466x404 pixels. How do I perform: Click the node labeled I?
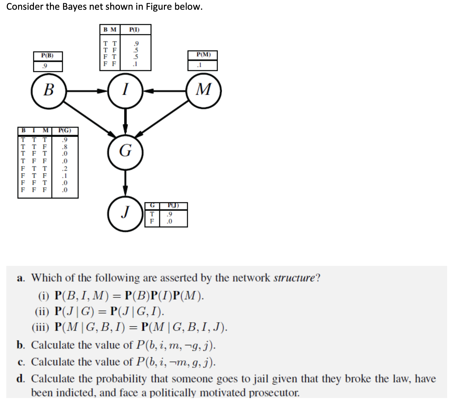pos(125,90)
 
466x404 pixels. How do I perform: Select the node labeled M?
pos(204,90)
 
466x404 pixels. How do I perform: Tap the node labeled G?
pos(125,152)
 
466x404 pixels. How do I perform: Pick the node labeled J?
pos(125,213)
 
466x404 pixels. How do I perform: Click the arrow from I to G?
pos(125,121)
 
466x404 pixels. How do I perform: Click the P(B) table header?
pos(48,56)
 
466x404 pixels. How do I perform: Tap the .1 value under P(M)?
pos(199,65)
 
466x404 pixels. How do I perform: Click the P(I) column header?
pos(135,30)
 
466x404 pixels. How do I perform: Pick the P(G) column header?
pos(65,130)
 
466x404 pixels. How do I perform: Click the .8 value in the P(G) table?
pos(65,147)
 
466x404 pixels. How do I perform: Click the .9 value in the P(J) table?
pos(169,214)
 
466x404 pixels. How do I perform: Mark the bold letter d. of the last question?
pos(21,379)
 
